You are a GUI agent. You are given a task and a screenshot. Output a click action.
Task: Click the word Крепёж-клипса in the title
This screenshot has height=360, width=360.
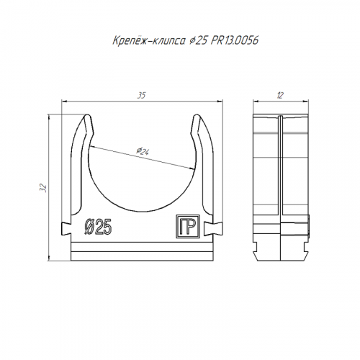pos(149,40)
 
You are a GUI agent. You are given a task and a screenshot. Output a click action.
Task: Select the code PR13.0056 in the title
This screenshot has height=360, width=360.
pos(235,40)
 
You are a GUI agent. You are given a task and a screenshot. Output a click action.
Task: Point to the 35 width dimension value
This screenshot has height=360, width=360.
pos(142,96)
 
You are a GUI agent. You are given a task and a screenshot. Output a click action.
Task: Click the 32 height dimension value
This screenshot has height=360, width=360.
pos(43,188)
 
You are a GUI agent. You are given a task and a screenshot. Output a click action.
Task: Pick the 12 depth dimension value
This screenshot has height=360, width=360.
pos(280,96)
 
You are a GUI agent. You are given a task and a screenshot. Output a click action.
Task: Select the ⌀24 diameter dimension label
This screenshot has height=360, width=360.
pos(143,150)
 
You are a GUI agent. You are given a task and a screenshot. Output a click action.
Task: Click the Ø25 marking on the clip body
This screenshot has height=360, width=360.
pos(98,227)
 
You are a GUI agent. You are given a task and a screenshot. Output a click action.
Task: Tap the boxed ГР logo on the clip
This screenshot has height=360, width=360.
pos(188,227)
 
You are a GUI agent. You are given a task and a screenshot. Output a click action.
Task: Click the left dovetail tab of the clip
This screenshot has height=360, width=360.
pos(66,228)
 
